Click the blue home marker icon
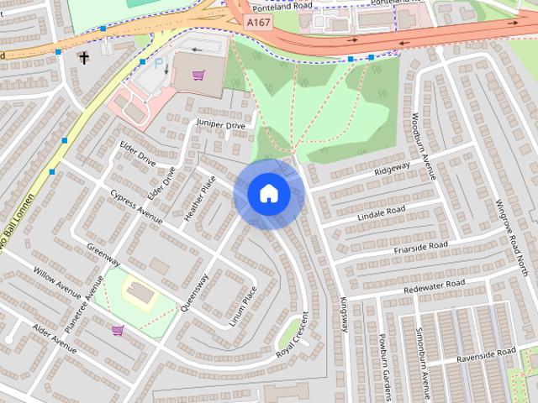pos(269,194)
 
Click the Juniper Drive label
pos(220,125)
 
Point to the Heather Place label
pos(200,199)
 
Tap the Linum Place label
pos(247,306)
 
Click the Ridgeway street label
pos(392,169)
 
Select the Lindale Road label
pos(382,210)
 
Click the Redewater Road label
pos(434,285)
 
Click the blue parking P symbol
pos(158,63)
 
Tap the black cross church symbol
pos(83,57)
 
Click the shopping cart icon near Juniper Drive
pos(198,76)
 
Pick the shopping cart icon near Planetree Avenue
pos(118,330)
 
